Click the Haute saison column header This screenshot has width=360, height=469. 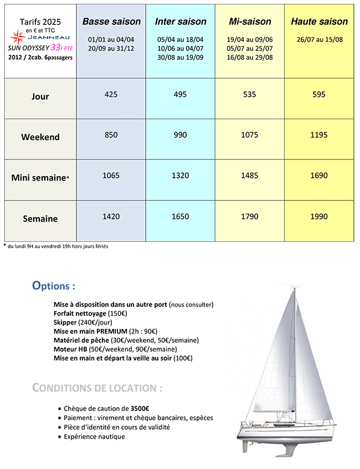coord(320,22)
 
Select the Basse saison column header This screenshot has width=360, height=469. coord(111,22)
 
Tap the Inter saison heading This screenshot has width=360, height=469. coord(181,22)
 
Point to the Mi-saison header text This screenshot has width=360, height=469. coord(250,22)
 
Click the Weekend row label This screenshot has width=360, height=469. coord(40,137)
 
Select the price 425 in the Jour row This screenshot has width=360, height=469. coord(111,95)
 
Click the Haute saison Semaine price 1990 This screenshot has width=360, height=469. coord(320,217)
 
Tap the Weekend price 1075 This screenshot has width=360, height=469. coord(250,135)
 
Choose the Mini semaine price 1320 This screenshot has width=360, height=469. coord(181,176)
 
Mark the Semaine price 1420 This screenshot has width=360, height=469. coord(111,217)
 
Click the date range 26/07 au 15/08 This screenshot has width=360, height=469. coord(320,40)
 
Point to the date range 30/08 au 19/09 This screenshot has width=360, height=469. coord(181,57)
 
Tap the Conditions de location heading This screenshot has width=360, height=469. coord(97,388)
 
